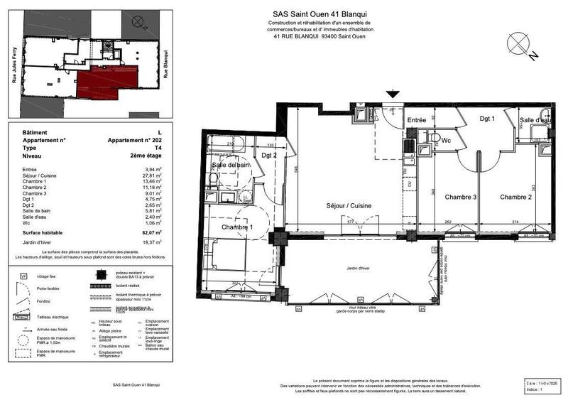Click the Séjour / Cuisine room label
pos(348,206)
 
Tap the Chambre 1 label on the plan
pos(237,227)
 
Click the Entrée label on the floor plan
pos(416,120)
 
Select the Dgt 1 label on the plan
pos(486,119)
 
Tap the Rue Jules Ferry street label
pos(13,65)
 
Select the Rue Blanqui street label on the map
pos(165,64)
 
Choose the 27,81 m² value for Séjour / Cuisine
pos(151,175)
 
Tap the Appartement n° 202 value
pos(134,141)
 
